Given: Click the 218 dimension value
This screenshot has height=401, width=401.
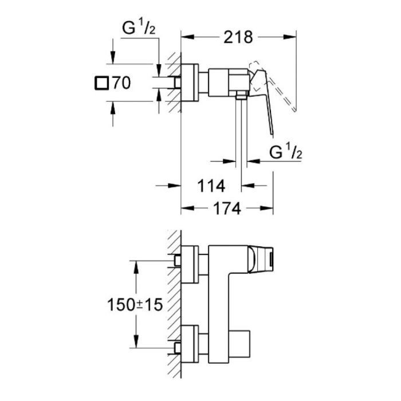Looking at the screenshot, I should (239, 37).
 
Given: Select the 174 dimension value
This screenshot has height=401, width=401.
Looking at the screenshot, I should (227, 209).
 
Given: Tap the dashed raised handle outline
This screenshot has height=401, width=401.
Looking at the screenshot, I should (281, 86).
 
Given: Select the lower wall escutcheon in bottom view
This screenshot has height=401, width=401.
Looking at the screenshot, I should (190, 347).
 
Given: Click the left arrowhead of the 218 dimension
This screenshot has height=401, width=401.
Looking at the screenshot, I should (186, 38).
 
